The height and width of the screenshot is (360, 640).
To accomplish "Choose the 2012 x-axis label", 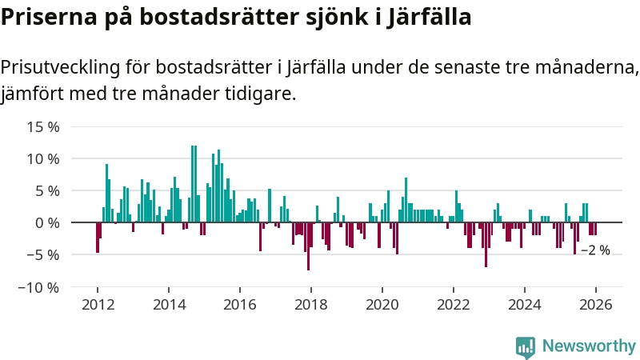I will click(x=98, y=305).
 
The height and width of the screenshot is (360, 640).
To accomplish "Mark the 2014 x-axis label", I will click(x=169, y=305).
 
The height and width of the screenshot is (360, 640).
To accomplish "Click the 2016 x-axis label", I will click(x=240, y=305).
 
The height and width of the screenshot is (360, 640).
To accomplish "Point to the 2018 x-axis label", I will click(x=311, y=305).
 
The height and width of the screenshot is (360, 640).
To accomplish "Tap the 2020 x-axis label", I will click(x=382, y=305).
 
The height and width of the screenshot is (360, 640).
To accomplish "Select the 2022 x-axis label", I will click(x=454, y=305).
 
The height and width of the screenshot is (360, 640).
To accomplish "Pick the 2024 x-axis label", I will click(x=525, y=305).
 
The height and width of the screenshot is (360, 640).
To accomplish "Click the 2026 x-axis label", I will click(x=596, y=305).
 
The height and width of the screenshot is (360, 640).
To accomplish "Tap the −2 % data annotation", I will click(x=595, y=250).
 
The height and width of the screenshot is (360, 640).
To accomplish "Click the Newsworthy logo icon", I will click(x=526, y=346).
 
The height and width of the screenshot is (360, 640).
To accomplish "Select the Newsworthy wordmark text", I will click(x=589, y=346).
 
